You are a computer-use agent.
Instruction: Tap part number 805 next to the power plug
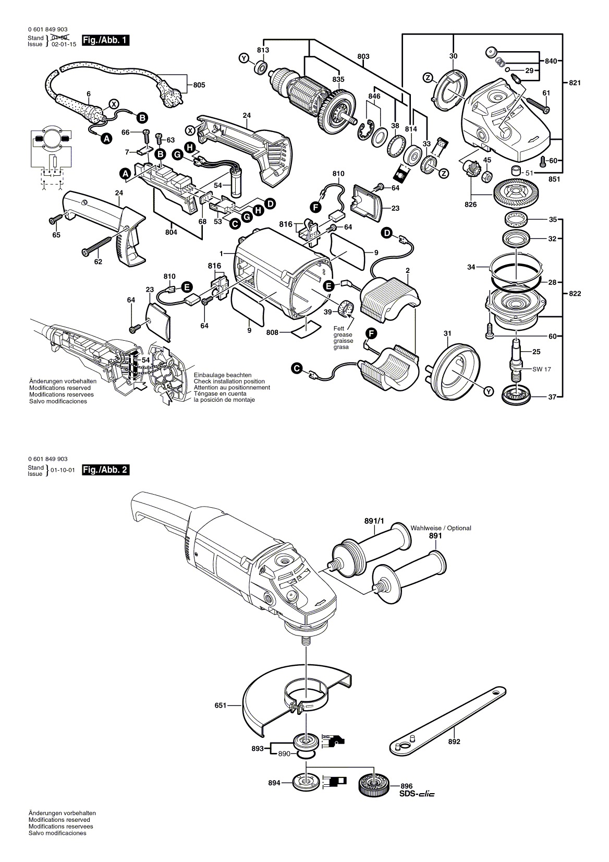coord(199,85)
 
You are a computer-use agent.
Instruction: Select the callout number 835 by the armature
coord(338,79)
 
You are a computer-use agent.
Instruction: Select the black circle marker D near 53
coord(270,204)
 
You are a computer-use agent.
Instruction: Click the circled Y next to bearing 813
coord(243,58)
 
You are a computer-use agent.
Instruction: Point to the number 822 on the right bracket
coord(575,294)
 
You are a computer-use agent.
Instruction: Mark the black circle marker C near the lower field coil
coord(297,369)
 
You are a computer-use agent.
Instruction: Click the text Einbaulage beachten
coord(222,375)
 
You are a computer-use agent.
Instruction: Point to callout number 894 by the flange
coord(274,783)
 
